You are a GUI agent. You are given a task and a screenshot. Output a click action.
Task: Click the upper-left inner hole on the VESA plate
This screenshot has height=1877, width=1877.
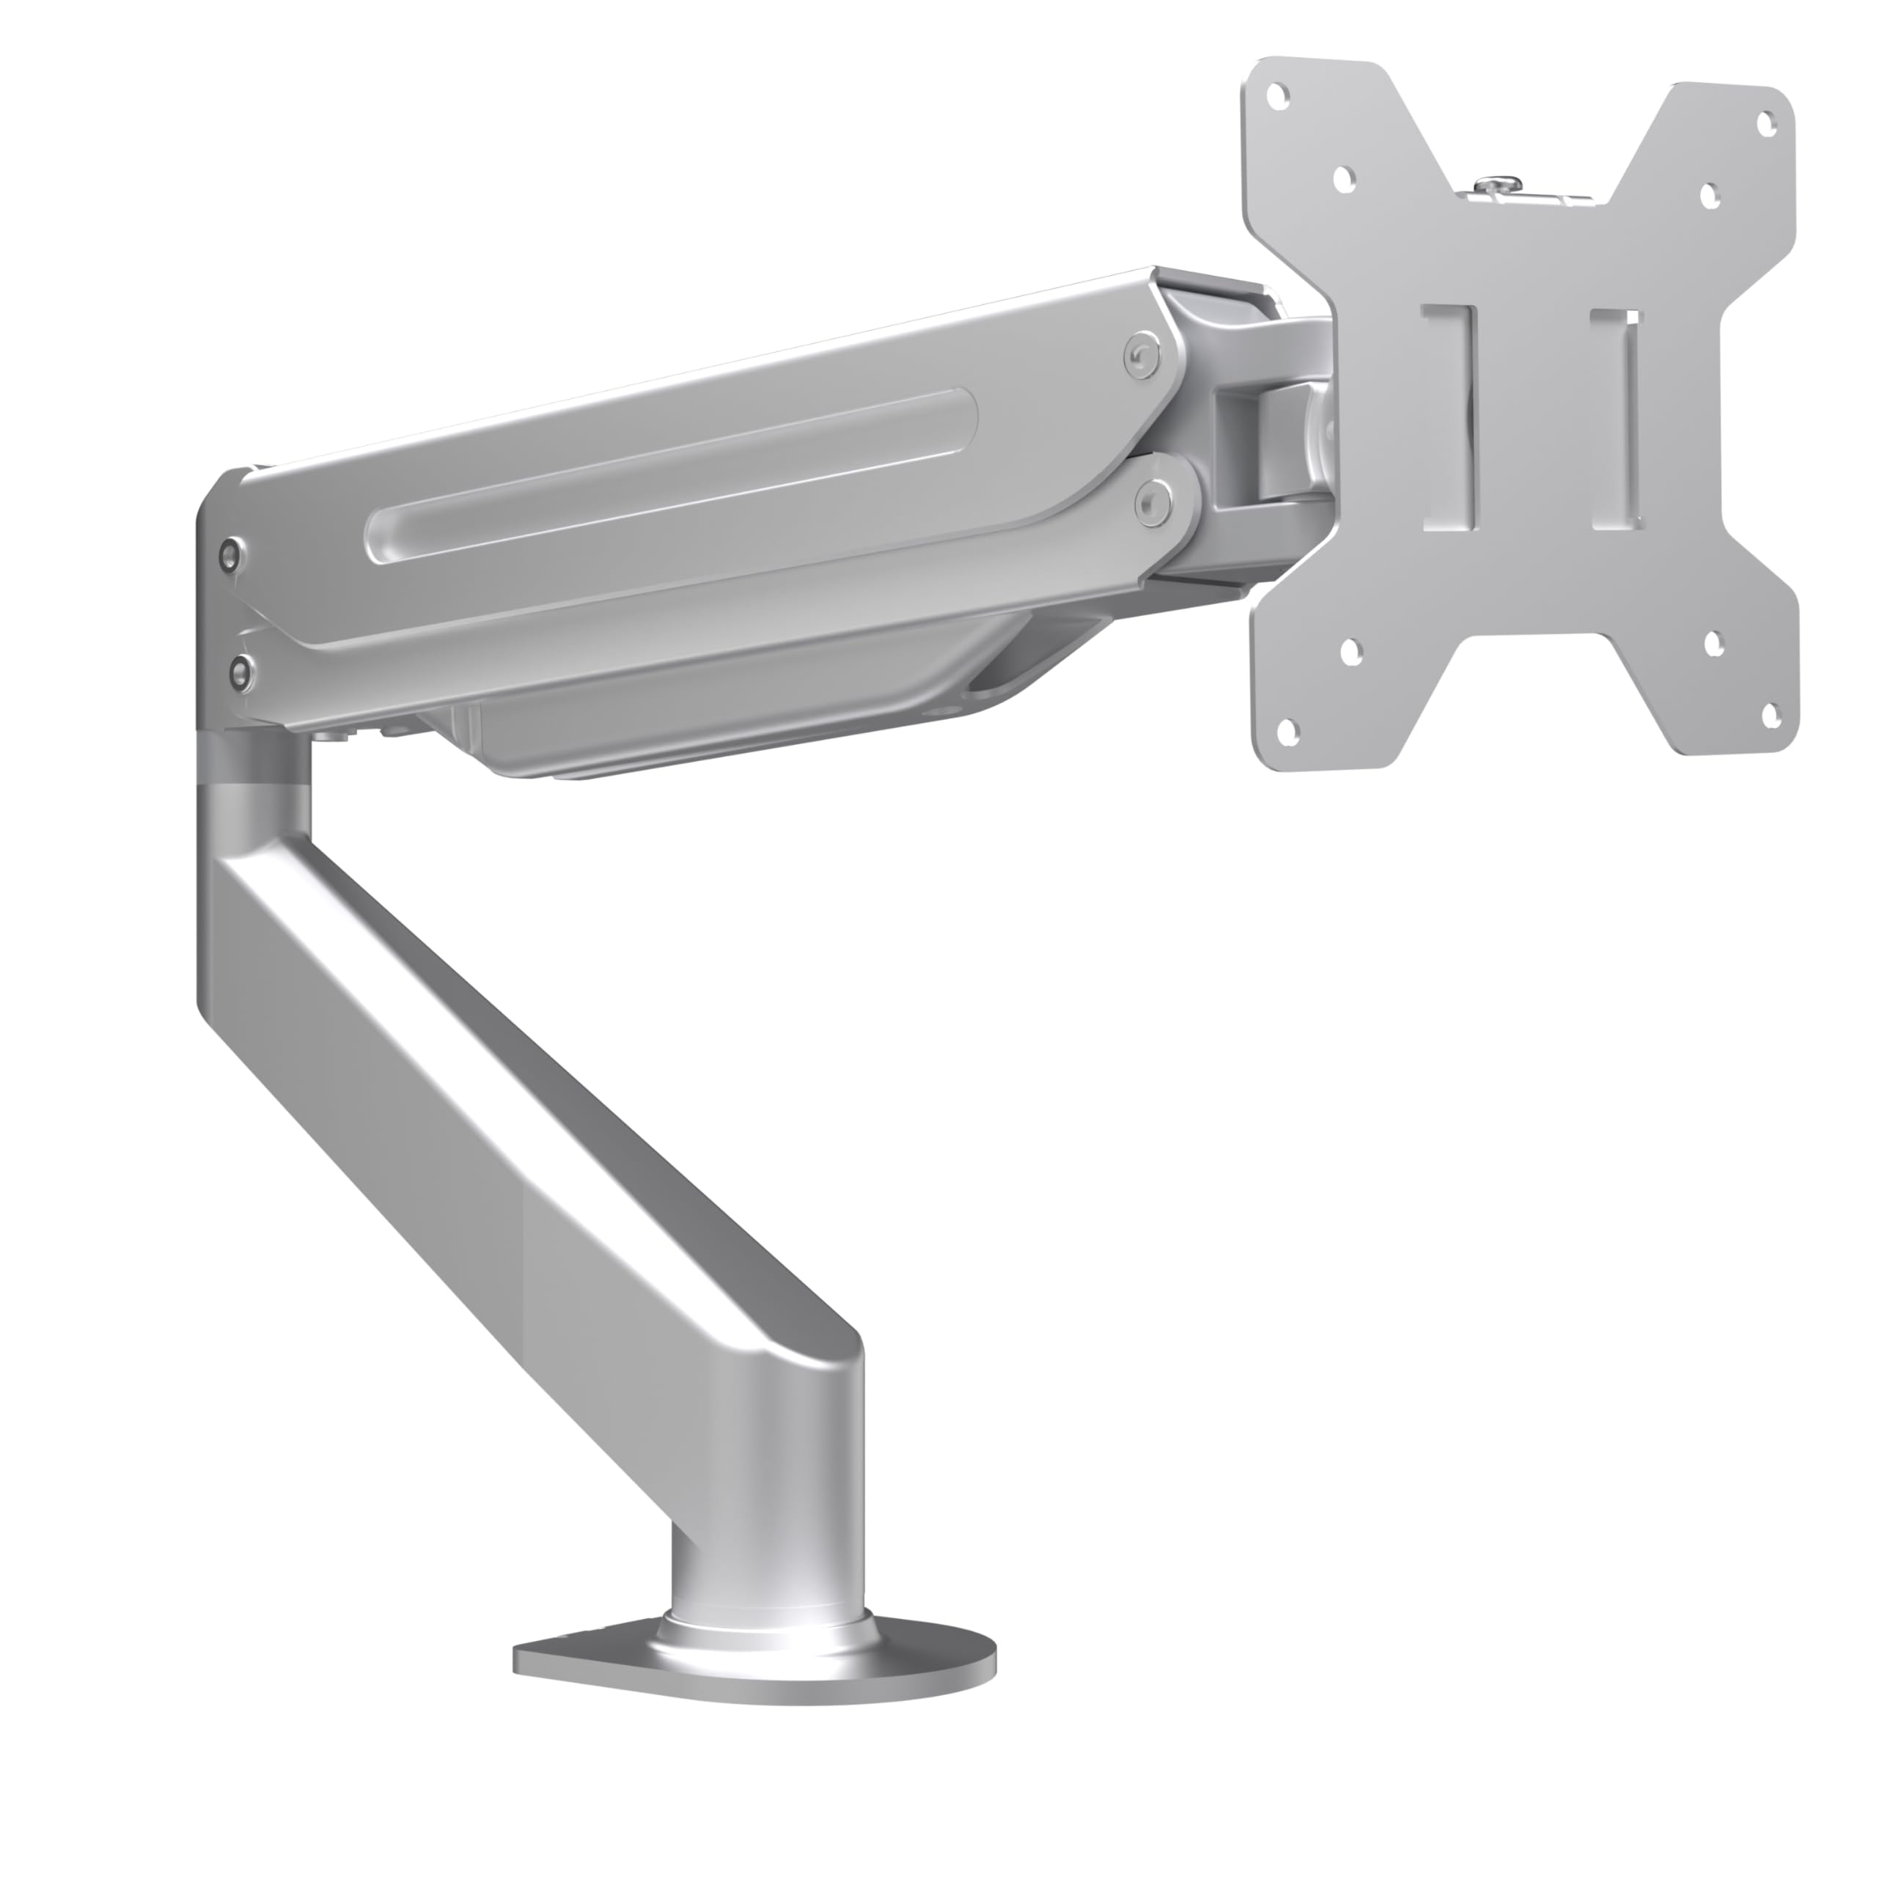[x=1344, y=177]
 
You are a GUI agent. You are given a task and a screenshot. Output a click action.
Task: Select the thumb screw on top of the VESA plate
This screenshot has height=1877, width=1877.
[x=1498, y=185]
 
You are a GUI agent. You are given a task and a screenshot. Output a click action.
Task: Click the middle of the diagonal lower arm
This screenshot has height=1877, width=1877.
[x=525, y=1117]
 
